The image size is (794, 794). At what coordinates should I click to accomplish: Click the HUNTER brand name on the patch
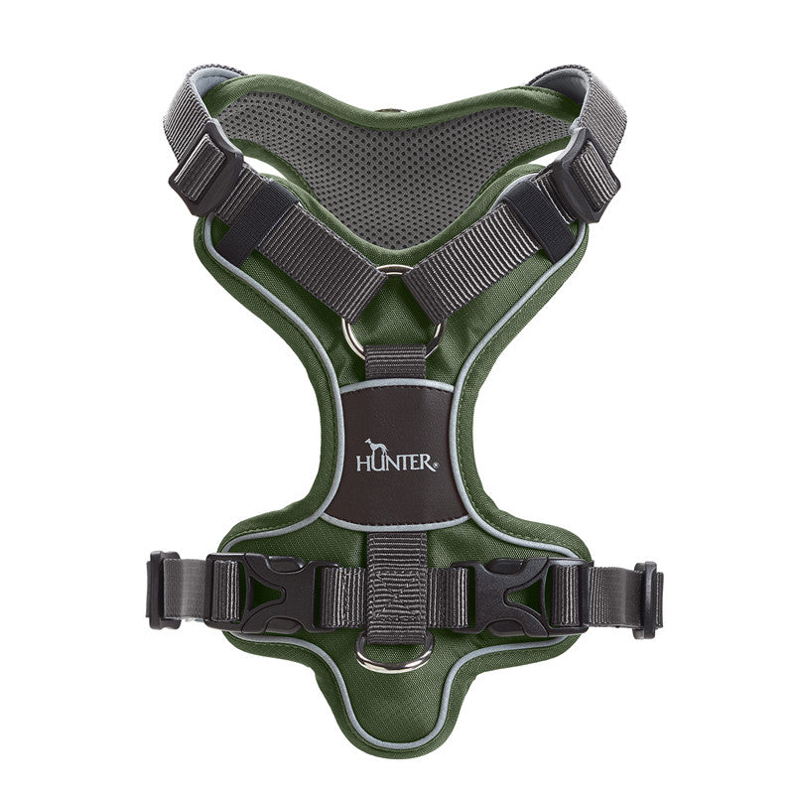point(394,462)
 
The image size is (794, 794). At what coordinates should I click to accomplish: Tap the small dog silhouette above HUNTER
point(375,446)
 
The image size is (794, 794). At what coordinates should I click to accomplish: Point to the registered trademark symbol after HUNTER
point(433,464)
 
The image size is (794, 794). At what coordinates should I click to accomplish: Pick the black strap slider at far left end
point(163,589)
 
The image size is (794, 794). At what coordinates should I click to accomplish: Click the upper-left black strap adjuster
point(204,171)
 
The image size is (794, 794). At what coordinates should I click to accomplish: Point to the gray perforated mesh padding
point(397,174)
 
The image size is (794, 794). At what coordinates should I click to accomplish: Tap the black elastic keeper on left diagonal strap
point(260,221)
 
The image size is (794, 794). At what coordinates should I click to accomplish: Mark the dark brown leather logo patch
point(396,452)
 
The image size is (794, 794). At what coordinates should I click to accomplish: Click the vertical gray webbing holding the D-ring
point(396,586)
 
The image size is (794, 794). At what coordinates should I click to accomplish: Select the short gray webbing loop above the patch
point(395,362)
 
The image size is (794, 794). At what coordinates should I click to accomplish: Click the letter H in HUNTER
point(363,463)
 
